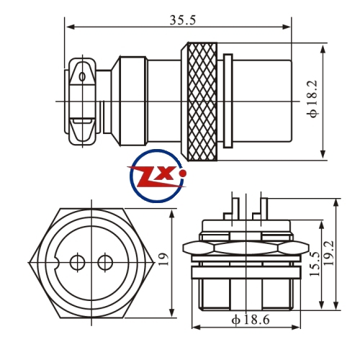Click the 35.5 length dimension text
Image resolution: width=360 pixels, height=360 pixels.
click(x=183, y=20)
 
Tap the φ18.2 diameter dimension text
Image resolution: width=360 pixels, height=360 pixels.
click(x=312, y=99)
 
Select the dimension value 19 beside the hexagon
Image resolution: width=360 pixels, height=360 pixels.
click(x=164, y=259)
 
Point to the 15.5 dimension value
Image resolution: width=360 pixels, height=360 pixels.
click(x=315, y=264)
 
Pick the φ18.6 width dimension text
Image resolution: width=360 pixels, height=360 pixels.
click(x=251, y=320)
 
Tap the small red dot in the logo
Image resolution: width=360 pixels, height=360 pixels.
click(x=183, y=173)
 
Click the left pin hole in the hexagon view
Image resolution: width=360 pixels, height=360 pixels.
click(x=77, y=262)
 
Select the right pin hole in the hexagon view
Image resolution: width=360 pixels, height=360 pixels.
click(x=105, y=262)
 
